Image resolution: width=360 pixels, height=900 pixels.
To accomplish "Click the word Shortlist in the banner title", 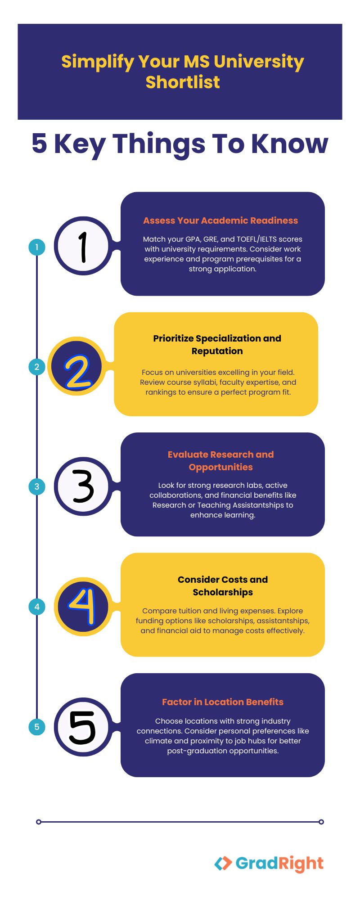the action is point(183,82).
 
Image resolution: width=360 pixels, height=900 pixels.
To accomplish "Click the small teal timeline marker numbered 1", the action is point(37,247).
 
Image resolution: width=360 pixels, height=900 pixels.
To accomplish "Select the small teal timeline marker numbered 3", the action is point(37,486).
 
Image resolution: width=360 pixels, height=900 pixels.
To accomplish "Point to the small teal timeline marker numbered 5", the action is point(37,727).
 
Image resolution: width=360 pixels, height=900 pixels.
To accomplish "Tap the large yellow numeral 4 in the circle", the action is point(83,606).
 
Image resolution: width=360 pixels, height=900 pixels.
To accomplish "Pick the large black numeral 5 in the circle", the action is point(82,728).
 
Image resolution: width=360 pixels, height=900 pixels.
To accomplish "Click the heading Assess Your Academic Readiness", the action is point(220,220).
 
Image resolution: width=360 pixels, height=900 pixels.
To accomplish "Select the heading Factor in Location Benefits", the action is point(223,702).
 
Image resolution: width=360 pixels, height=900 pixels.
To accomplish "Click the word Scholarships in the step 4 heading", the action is point(223,592).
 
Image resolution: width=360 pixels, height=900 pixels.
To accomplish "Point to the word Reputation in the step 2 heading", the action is point(217,351).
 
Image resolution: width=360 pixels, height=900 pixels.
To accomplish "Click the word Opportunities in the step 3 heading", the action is point(220,467).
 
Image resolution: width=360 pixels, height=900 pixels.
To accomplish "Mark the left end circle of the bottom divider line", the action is point(39,822).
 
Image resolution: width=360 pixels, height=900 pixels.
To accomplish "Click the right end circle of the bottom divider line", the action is point(321,822).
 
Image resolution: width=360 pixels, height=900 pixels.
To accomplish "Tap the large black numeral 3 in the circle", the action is point(83,486).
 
